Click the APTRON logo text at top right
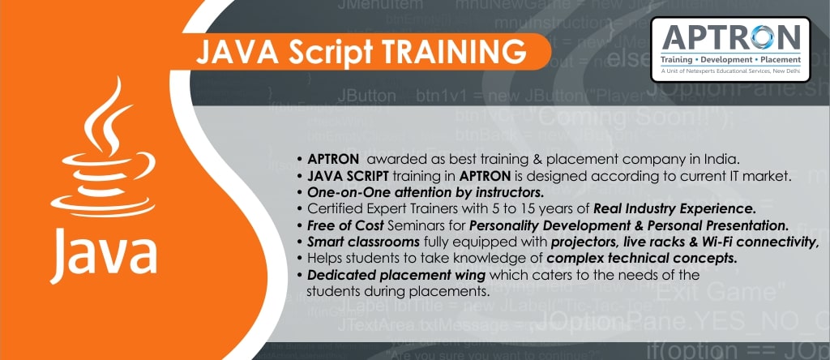coord(732,36)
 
